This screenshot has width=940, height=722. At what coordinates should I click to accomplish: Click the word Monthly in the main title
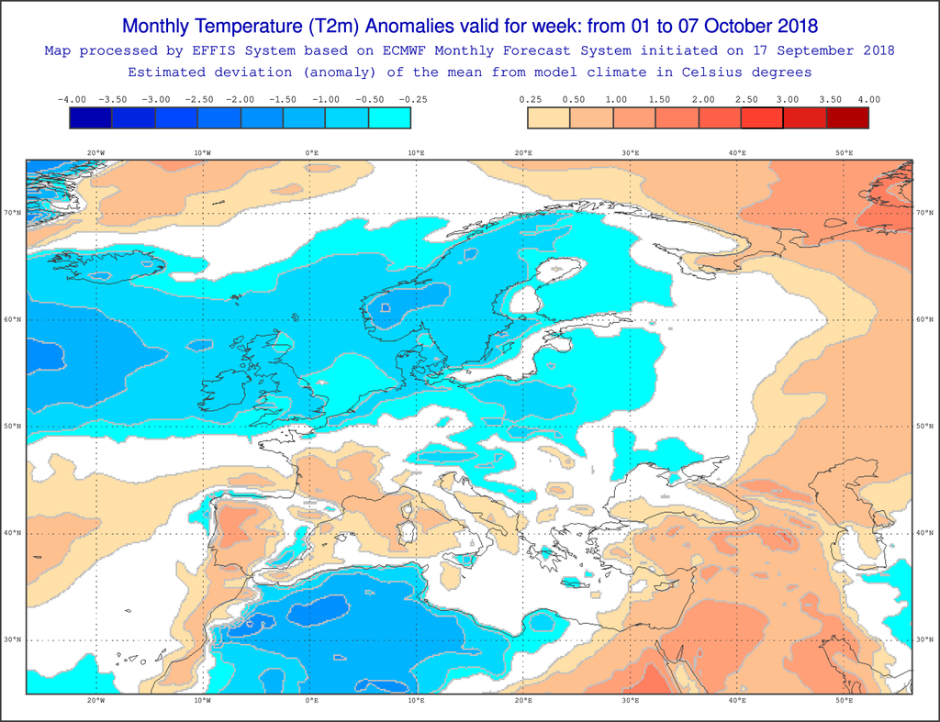(x=162, y=25)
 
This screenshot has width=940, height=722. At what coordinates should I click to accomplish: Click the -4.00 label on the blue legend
(x=71, y=99)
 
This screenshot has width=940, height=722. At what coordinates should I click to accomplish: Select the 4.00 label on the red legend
(x=867, y=99)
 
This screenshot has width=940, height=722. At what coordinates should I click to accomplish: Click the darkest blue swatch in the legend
(x=91, y=117)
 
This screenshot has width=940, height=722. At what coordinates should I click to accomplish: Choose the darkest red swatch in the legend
(x=846, y=117)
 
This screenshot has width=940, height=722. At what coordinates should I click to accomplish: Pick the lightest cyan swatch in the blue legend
(x=389, y=117)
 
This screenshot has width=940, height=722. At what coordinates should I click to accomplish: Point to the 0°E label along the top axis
(x=311, y=152)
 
